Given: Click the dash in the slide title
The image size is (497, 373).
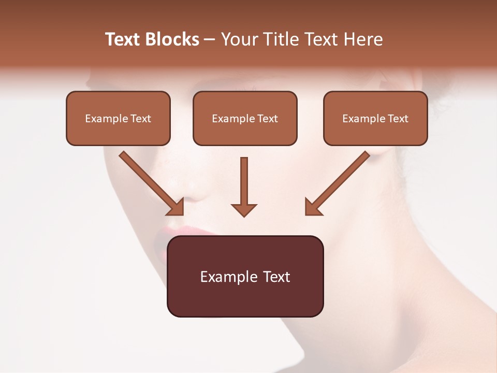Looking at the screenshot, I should click(x=209, y=39).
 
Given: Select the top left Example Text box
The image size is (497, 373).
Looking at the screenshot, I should click(x=118, y=118).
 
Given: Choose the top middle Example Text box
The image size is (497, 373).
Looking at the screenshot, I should click(x=245, y=118).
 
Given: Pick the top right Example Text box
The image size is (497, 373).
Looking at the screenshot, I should click(x=375, y=118).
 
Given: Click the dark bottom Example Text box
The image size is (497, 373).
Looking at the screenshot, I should click(x=245, y=276).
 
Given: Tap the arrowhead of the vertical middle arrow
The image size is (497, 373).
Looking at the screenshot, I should click(x=244, y=209).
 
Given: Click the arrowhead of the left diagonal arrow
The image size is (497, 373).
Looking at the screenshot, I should click(x=177, y=208).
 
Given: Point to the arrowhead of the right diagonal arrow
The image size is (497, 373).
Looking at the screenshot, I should click(x=313, y=208).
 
